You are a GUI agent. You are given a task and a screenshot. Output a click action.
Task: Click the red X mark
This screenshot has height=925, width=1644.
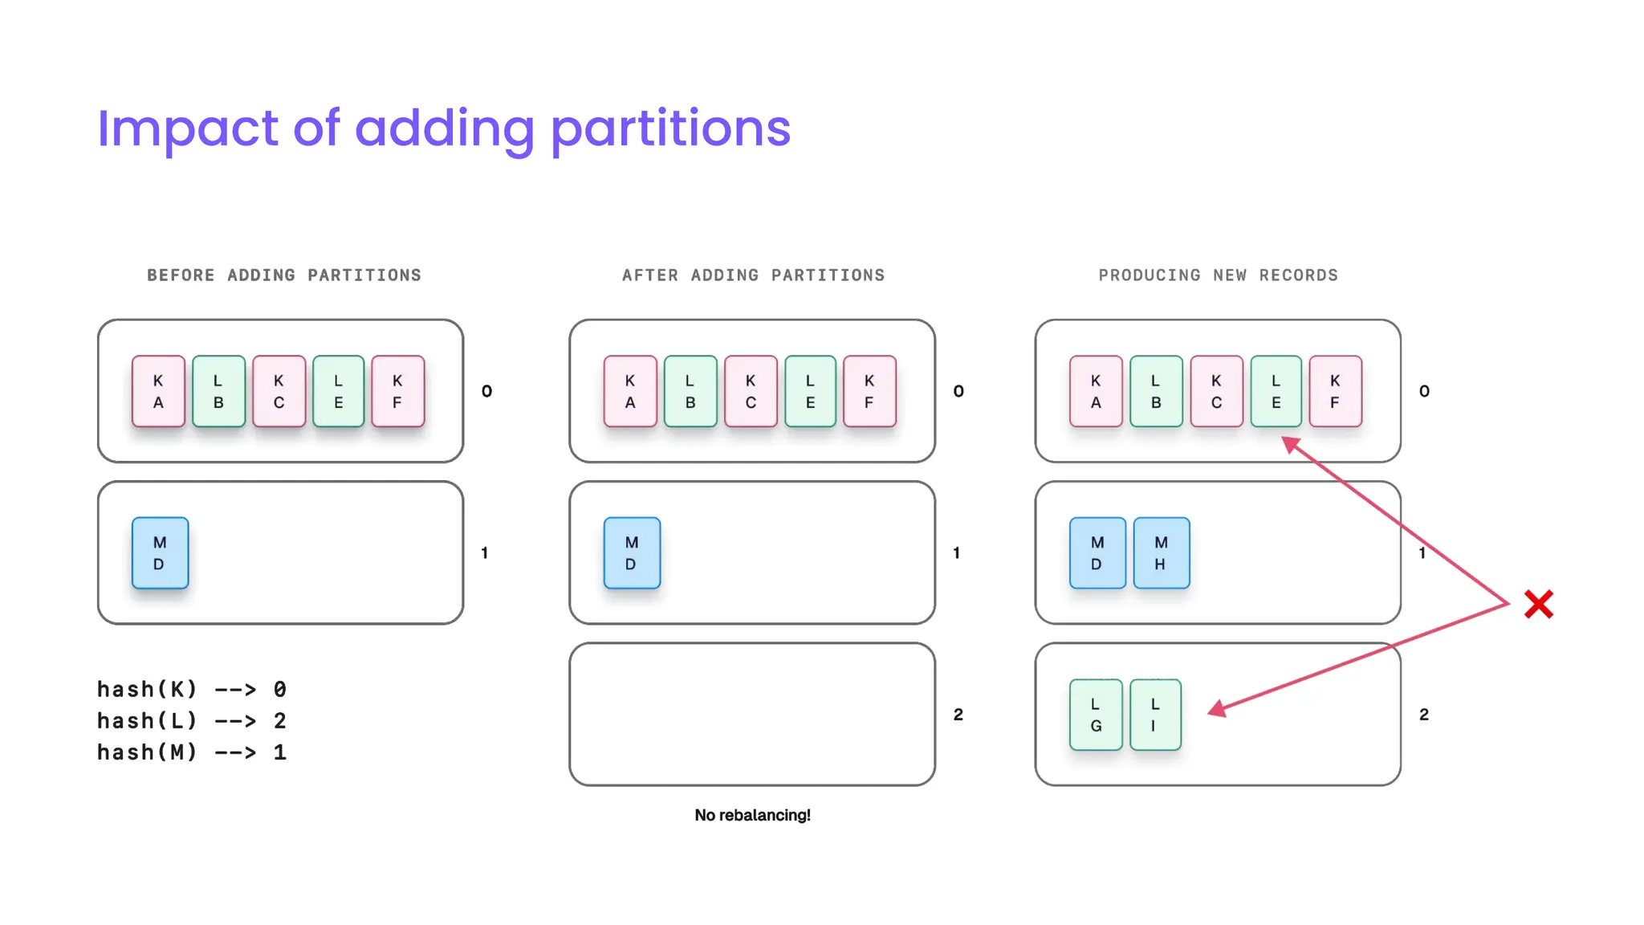pos(1538,605)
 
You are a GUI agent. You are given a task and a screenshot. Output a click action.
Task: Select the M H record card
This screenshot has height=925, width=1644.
pos(1161,553)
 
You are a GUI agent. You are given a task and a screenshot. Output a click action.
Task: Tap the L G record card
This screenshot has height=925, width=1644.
pos(1096,715)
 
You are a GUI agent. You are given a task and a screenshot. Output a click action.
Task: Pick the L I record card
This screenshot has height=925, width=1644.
pos(1155,715)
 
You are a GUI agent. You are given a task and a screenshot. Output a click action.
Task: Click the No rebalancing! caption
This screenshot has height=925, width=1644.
pos(752,815)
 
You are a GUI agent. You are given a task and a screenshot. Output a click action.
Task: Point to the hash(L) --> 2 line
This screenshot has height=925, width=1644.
pos(192,721)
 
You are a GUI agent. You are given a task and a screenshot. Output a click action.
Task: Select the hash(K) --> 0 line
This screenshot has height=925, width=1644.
pos(192,690)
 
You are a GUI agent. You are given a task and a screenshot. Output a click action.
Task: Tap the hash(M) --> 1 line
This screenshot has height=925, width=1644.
pos(192,752)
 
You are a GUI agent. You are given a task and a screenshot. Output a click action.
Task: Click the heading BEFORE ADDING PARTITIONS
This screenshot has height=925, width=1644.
pos(284,275)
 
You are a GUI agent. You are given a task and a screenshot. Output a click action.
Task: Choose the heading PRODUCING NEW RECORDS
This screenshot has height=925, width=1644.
pos(1218,275)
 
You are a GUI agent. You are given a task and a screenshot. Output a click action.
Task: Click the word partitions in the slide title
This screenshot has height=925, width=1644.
pos(670,129)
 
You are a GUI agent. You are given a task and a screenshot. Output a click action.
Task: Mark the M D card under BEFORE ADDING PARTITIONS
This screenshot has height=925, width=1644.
pos(160,553)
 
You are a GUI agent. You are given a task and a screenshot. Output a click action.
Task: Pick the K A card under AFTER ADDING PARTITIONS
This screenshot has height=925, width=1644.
pos(630,391)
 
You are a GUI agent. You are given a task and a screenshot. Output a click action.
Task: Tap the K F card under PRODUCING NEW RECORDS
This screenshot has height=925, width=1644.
pos(1335,391)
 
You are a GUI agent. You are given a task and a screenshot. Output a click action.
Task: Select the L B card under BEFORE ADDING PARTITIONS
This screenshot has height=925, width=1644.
pos(218,391)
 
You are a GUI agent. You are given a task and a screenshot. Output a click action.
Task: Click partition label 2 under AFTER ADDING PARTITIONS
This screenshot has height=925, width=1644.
pos(958,715)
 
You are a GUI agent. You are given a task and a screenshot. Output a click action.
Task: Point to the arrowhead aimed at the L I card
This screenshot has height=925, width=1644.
pos(1217,709)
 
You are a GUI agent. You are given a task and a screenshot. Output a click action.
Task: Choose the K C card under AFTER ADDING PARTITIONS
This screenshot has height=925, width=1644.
pos(751,391)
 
